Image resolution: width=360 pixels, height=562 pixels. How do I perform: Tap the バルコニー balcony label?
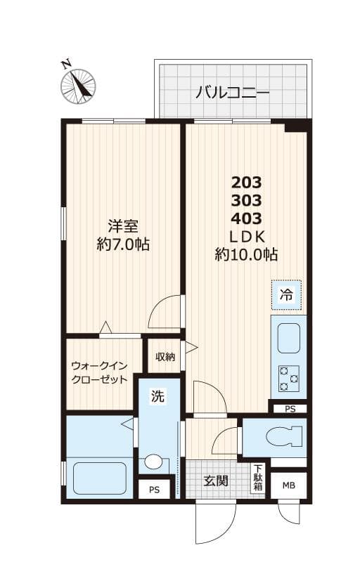pyautogui.click(x=233, y=91)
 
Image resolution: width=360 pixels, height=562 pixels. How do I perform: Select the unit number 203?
pyautogui.click(x=247, y=182)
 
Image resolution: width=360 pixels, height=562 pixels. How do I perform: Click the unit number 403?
pyautogui.click(x=247, y=217)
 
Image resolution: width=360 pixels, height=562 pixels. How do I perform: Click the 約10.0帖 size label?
pyautogui.click(x=246, y=254)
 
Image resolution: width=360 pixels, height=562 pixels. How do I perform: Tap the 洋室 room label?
pyautogui.click(x=122, y=226)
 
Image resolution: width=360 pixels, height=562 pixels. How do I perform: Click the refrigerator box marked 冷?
pyautogui.click(x=287, y=295)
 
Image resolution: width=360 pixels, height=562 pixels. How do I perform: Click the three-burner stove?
pyautogui.click(x=288, y=378)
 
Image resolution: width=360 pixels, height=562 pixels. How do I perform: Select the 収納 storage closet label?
pyautogui.click(x=165, y=357)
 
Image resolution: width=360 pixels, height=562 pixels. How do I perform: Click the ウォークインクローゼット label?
pyautogui.click(x=99, y=373)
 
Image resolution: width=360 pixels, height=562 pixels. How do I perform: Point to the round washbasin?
pyautogui.click(x=154, y=462)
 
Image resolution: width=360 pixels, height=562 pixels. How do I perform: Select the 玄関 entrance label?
pyautogui.click(x=216, y=481)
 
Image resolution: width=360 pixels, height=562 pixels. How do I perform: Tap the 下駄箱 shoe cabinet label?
pyautogui.click(x=259, y=478)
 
